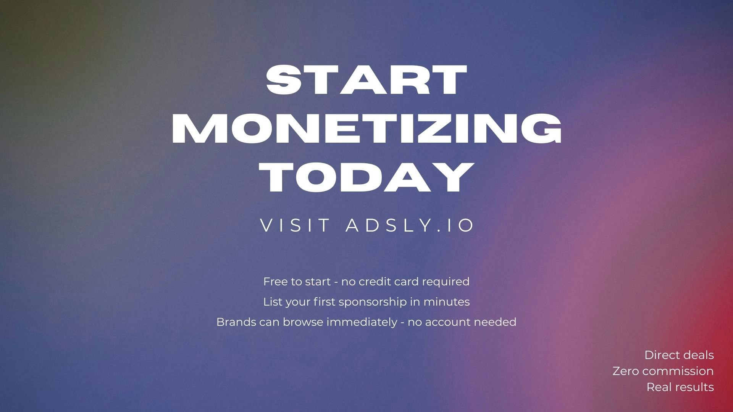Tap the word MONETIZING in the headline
366,129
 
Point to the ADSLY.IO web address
410,225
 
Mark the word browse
304,322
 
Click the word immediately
362,322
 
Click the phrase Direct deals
679,355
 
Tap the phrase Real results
680,387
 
